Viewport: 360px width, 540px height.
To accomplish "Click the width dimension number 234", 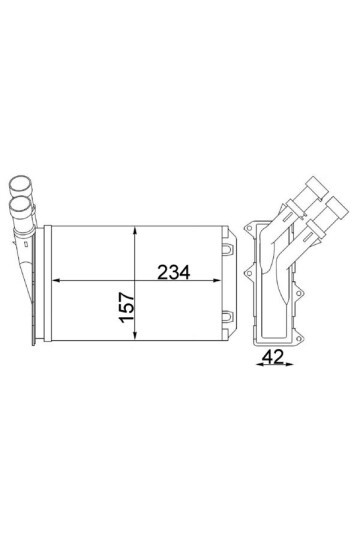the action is coord(173,272).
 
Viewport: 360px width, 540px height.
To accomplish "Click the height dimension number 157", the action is coord(126,307).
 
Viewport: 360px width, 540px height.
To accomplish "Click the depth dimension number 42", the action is coord(272,356).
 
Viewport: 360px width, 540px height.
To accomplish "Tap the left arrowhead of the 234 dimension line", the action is coord(56,281).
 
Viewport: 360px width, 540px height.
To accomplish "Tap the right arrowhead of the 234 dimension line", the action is coord(216,281).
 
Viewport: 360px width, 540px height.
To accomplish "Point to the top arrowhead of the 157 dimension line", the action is coord(135,231).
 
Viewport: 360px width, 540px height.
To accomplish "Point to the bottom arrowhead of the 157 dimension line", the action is coord(135,336).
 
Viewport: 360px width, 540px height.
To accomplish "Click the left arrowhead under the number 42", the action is coord(258,365).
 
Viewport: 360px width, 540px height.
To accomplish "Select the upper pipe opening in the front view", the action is coord(20,183).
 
